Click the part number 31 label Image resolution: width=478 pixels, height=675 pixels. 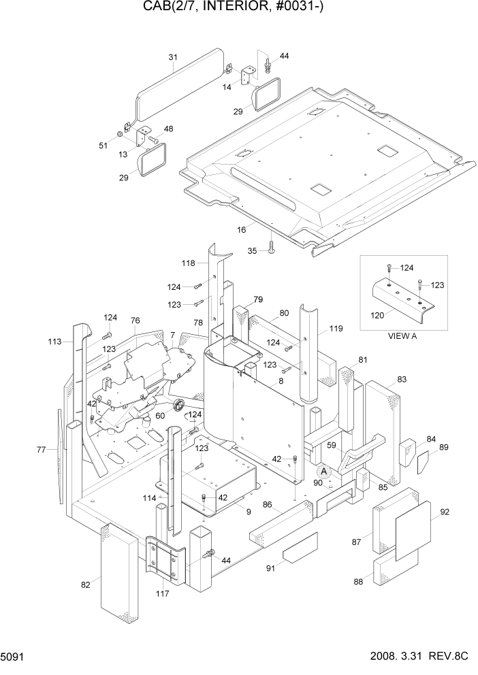(x=172, y=56)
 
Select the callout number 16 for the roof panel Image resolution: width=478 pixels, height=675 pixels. (x=241, y=231)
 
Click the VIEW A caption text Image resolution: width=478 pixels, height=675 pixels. (x=402, y=335)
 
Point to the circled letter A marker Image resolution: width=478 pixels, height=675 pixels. (x=325, y=471)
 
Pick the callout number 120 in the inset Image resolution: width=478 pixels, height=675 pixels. (x=376, y=314)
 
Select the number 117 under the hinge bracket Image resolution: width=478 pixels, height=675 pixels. (x=163, y=593)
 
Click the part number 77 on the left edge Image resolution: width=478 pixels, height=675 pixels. (x=41, y=449)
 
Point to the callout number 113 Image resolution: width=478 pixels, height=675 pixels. (x=55, y=341)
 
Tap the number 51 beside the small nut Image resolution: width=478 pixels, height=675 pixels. (x=103, y=144)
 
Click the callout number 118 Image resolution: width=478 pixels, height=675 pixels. (x=188, y=263)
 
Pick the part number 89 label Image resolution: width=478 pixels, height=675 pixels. (x=443, y=447)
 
